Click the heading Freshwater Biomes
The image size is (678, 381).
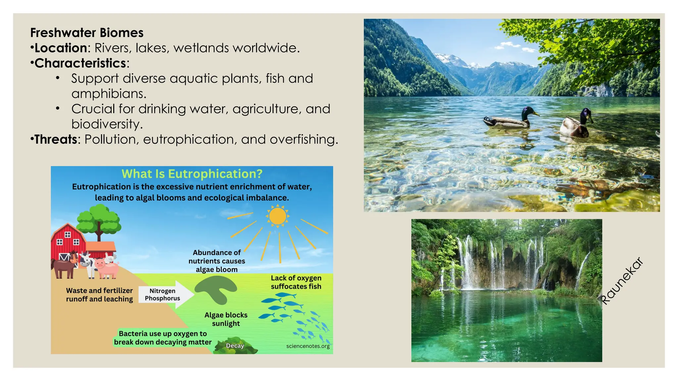click(x=87, y=33)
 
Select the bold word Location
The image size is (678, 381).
click(x=61, y=48)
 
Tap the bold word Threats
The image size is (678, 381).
click(x=56, y=139)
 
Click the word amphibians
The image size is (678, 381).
click(x=109, y=94)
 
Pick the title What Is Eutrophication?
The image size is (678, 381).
click(x=192, y=174)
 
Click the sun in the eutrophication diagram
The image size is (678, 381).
click(x=277, y=216)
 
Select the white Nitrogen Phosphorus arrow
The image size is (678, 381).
click(x=166, y=294)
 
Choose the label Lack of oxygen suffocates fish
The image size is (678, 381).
click(x=296, y=282)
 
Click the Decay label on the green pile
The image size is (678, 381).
click(x=235, y=346)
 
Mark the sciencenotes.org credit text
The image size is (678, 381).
click(x=308, y=346)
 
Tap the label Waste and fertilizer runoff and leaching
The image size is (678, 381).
click(x=99, y=295)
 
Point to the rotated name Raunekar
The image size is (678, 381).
click(x=622, y=281)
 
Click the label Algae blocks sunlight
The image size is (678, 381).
click(x=226, y=319)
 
